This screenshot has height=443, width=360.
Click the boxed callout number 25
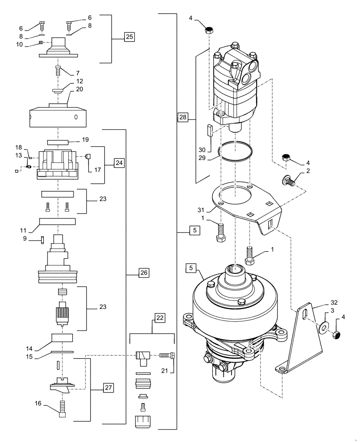[129, 37]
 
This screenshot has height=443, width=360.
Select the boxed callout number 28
[183, 117]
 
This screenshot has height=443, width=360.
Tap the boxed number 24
[119, 163]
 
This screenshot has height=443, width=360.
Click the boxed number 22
[160, 318]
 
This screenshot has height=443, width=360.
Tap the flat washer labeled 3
[325, 327]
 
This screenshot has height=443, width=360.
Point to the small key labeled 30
[211, 132]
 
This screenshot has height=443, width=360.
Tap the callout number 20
[79, 89]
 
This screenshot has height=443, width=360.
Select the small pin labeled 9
[42, 239]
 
